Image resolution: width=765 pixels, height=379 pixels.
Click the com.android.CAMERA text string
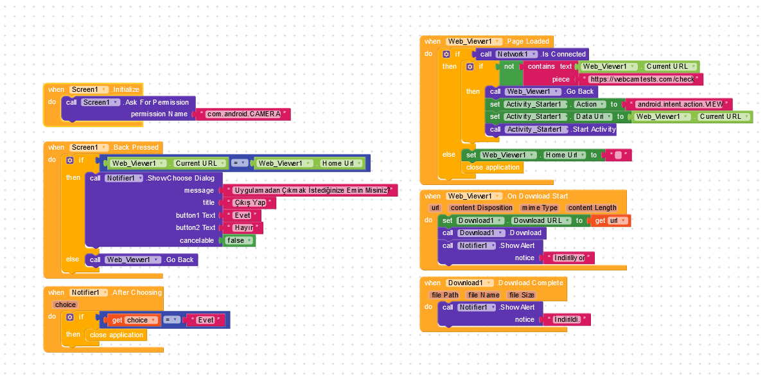(243, 114)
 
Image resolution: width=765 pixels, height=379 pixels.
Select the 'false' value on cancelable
(236, 240)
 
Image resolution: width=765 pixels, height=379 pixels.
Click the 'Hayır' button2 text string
(243, 228)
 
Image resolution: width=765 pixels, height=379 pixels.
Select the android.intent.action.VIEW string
(680, 104)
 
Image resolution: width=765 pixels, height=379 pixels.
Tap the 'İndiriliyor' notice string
(569, 258)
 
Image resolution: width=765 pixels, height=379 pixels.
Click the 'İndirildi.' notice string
(567, 319)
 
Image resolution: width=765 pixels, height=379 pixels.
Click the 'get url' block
(610, 221)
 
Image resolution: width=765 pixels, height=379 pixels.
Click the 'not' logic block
(509, 67)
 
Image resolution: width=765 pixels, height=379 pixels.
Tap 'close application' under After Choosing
(116, 335)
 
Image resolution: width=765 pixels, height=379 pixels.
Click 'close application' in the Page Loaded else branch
(493, 167)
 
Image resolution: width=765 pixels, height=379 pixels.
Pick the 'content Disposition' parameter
(481, 208)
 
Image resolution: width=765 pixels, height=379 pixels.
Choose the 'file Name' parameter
(484, 295)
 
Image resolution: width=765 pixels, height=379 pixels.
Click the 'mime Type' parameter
(539, 208)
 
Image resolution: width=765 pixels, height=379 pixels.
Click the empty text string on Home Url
(618, 155)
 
